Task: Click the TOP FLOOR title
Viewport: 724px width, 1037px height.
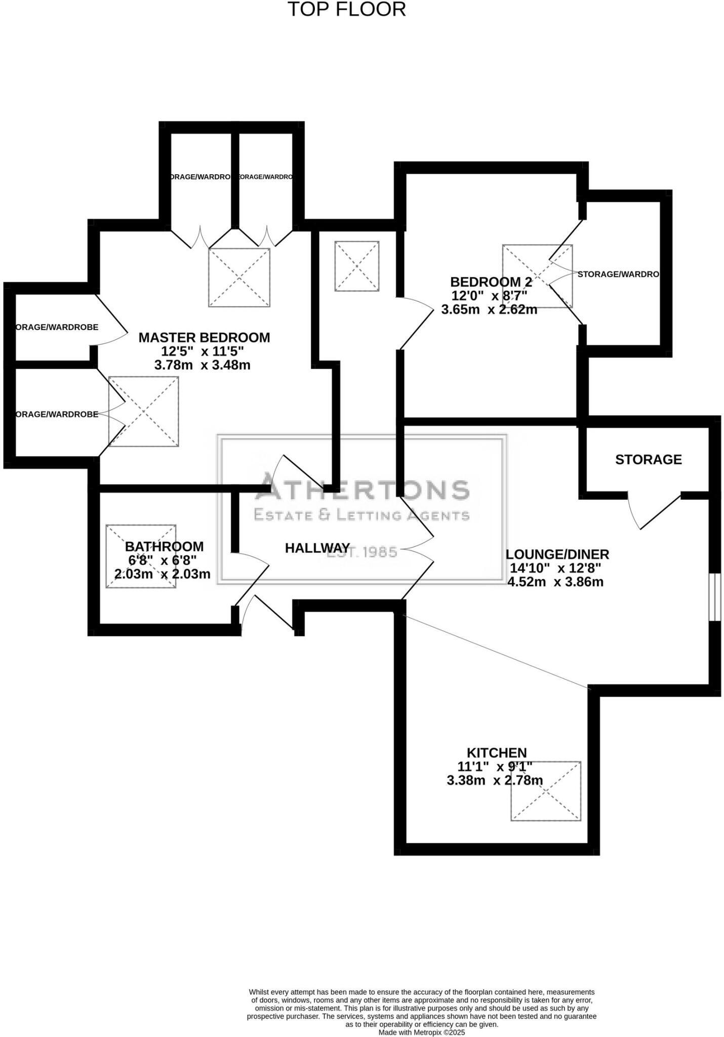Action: click(x=347, y=10)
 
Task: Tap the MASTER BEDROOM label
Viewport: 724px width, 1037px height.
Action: click(x=204, y=337)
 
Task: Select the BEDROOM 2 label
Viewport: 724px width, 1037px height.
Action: click(x=491, y=282)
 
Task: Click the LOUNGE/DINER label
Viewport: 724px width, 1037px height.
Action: click(x=557, y=554)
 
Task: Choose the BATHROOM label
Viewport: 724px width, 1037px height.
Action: click(x=164, y=547)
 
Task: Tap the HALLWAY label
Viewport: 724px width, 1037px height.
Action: click(x=317, y=548)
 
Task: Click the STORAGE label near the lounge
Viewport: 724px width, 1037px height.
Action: click(x=648, y=459)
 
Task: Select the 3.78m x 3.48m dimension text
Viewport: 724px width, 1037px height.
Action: click(x=202, y=365)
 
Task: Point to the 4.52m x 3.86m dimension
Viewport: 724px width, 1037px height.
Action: click(x=555, y=582)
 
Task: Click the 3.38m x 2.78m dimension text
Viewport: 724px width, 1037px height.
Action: click(x=494, y=780)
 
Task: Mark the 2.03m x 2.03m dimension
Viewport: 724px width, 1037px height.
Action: click(x=162, y=574)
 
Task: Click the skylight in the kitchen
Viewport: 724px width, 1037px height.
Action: click(x=545, y=791)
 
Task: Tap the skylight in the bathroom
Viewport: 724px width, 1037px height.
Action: click(x=141, y=556)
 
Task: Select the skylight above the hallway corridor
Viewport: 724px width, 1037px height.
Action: click(x=356, y=266)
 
